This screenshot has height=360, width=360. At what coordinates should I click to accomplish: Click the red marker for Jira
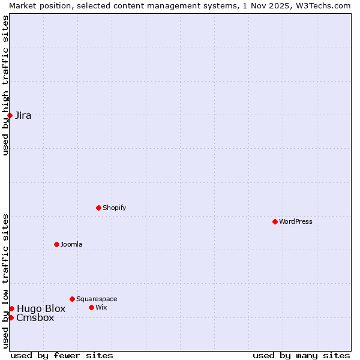pyautogui.click(x=10, y=115)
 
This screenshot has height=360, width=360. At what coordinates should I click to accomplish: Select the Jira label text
pyautogui.click(x=23, y=116)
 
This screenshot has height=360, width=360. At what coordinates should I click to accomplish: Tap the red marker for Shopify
pyautogui.click(x=98, y=208)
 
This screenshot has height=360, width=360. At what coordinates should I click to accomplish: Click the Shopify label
pyautogui.click(x=114, y=208)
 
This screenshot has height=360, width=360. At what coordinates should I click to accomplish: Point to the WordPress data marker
pyautogui.click(x=275, y=221)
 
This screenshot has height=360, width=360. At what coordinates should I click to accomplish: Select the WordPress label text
pyautogui.click(x=295, y=222)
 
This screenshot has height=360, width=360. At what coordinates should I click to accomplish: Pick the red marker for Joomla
pyautogui.click(x=56, y=244)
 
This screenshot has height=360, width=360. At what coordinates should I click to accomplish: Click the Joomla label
pyautogui.click(x=71, y=245)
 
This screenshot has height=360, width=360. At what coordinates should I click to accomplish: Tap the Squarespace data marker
pyautogui.click(x=72, y=299)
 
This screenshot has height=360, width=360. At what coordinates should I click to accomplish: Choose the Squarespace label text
pyautogui.click(x=97, y=299)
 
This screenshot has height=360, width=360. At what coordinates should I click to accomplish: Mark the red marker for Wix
pyautogui.click(x=91, y=307)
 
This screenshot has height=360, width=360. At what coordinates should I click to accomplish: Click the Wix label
pyautogui.click(x=101, y=308)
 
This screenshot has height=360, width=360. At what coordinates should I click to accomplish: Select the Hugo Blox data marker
pyautogui.click(x=11, y=308)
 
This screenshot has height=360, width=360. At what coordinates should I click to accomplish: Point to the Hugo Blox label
pyautogui.click(x=41, y=309)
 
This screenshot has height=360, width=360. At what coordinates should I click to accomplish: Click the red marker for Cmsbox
pyautogui.click(x=11, y=317)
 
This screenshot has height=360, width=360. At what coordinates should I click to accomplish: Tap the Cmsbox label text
pyautogui.click(x=35, y=318)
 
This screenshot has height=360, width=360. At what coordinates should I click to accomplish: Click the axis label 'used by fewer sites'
pyautogui.click(x=62, y=355)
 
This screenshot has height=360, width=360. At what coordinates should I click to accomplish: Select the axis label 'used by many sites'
pyautogui.click(x=301, y=355)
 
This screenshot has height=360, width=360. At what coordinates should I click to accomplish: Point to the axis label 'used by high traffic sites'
pyautogui.click(x=5, y=85)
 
